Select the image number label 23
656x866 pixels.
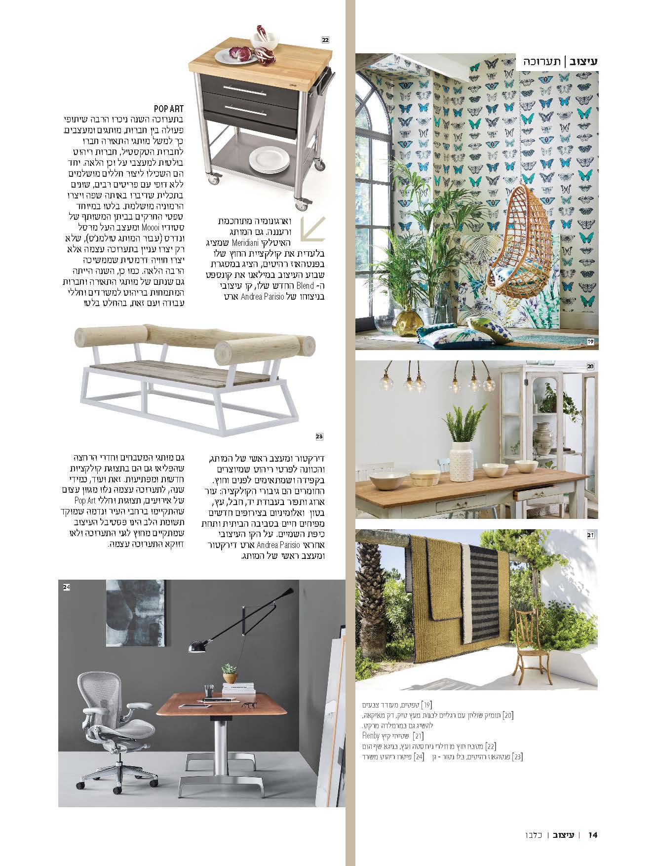[x=319, y=436]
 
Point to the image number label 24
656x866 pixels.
[x=67, y=587]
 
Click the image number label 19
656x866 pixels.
[x=590, y=342]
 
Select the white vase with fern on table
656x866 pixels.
[x=462, y=458]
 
